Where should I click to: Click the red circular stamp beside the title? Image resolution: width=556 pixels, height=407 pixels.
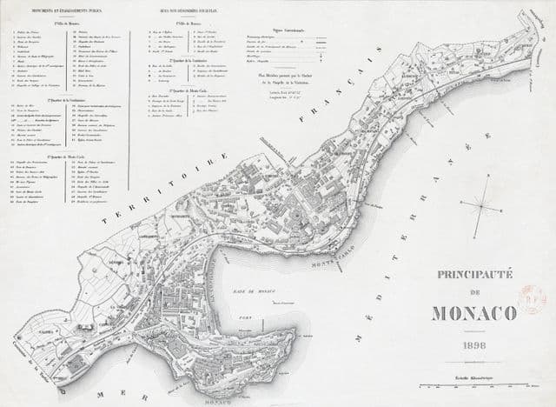(x=532, y=300)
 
